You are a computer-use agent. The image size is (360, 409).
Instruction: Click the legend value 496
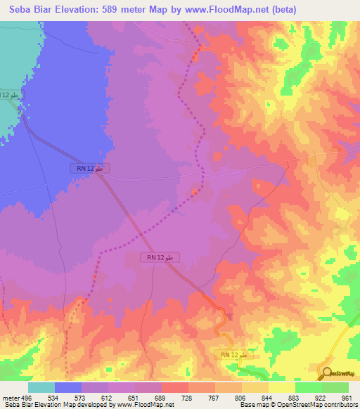tap(27, 397)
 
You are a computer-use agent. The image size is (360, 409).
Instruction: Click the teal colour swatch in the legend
tap(41, 387)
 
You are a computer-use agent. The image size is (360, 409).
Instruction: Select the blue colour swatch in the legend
tap(68, 387)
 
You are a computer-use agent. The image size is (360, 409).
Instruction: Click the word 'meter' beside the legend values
tap(11, 397)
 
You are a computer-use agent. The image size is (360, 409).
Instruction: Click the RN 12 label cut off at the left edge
tap(8, 94)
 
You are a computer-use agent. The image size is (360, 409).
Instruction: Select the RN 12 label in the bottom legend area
tap(233, 356)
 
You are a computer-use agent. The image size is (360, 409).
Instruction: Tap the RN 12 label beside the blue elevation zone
tap(90, 169)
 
